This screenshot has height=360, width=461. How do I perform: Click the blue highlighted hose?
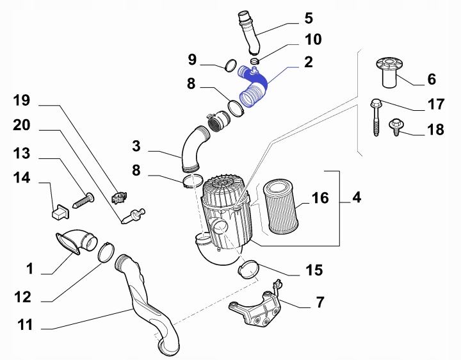(x=255, y=90)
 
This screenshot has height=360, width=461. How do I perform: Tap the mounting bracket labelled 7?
(x=256, y=309)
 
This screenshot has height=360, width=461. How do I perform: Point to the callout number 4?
(x=356, y=198)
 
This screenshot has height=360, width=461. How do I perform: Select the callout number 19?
(x=22, y=101)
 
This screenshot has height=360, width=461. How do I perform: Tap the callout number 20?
(x=22, y=126)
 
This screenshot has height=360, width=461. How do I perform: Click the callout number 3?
(x=136, y=146)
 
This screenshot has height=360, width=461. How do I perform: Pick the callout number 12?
(x=22, y=297)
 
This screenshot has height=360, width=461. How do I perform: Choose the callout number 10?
(x=312, y=39)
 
